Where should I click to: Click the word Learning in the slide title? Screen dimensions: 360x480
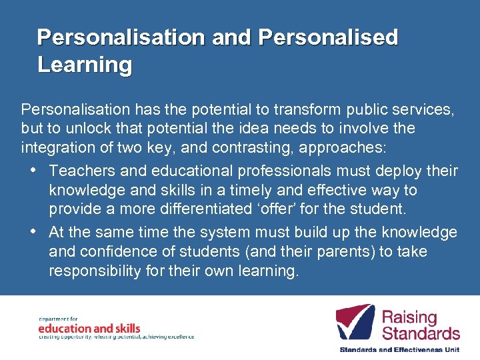(x=85, y=65)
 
